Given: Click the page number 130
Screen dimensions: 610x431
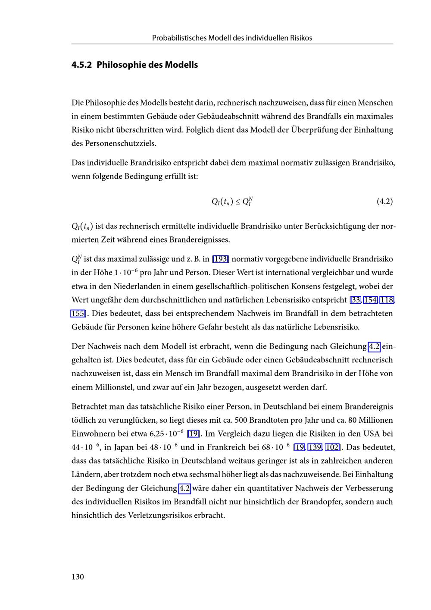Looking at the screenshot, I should [78, 577].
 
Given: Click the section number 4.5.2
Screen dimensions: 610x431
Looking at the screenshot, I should [81, 65].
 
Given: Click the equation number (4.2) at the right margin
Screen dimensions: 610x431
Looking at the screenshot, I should [384, 201].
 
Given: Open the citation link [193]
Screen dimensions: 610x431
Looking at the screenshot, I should [220, 259].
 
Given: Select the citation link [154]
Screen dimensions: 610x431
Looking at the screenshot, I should [370, 300].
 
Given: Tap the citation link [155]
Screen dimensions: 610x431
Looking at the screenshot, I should [78, 313].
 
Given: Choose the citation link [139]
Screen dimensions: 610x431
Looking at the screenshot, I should [315, 447].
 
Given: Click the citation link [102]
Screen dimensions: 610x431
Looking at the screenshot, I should [332, 447].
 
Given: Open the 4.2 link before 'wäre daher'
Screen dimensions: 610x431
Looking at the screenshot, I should [184, 488].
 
